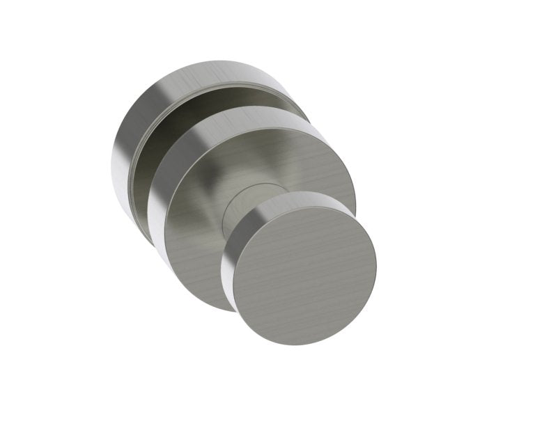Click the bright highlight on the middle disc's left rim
155,209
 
